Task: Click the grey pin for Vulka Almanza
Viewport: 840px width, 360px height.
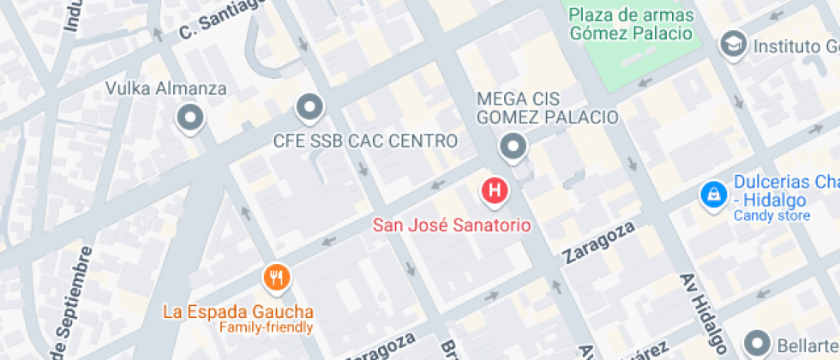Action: pos(189,117)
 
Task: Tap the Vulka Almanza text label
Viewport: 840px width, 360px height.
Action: pos(165,88)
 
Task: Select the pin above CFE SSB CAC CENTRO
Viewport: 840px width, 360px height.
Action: pos(309,108)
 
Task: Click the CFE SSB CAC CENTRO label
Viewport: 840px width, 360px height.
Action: pos(365,140)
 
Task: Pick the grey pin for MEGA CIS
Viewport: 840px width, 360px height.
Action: pos(513,147)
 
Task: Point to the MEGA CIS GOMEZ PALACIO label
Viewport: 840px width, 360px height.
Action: pos(547,107)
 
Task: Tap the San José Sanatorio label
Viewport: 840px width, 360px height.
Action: pos(452,225)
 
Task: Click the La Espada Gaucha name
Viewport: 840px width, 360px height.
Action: pos(238,311)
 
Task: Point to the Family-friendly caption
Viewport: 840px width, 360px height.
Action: pos(266,327)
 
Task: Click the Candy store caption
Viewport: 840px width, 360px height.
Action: pos(771,216)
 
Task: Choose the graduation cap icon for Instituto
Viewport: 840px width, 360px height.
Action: pos(733,44)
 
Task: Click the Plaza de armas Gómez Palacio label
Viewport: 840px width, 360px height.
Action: pos(630,24)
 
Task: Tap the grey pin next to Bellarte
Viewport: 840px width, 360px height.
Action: pos(759,344)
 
